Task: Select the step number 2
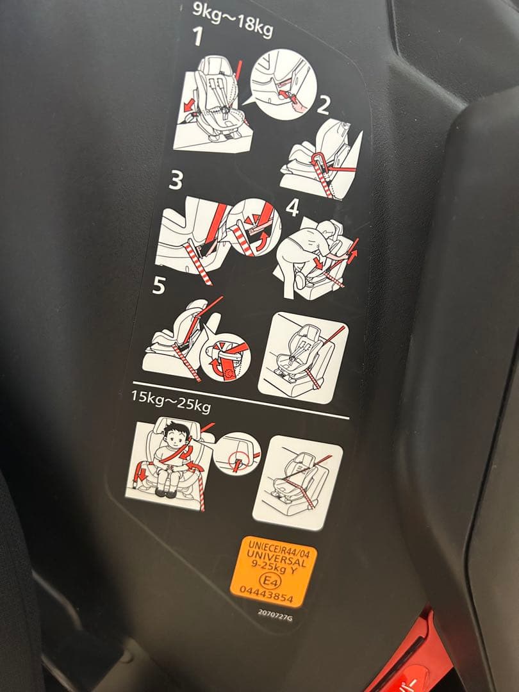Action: (x=324, y=106)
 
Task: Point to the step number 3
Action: (x=176, y=181)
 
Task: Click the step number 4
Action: (x=293, y=208)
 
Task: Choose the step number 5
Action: (x=158, y=286)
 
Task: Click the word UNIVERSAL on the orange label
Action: (x=277, y=558)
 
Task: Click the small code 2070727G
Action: (x=275, y=614)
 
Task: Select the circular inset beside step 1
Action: (x=284, y=85)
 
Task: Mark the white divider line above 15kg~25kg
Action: (x=240, y=399)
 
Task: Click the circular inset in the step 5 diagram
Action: (x=225, y=358)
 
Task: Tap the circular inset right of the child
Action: (x=237, y=454)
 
